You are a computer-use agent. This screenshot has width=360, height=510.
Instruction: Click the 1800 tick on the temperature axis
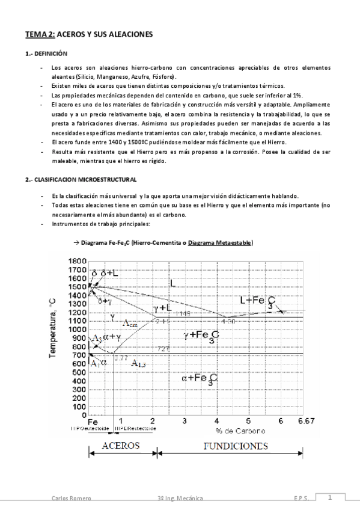tap(77, 260)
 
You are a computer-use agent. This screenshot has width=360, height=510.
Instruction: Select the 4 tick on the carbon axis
tap(216, 420)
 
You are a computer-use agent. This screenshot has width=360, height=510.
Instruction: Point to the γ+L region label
tap(163, 307)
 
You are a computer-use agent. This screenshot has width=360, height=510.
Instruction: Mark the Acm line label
tap(130, 324)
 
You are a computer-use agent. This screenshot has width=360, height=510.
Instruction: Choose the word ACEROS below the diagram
tap(121, 446)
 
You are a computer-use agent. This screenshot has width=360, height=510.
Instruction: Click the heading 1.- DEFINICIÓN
tap(47, 54)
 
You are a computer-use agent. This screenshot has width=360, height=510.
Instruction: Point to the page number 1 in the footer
tap(330, 497)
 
